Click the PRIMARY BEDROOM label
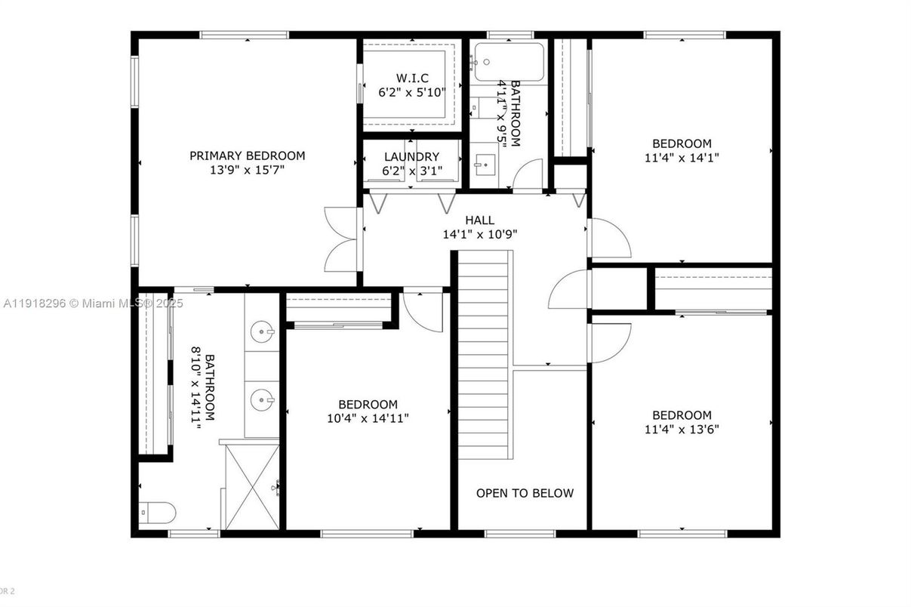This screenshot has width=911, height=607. click(247, 156)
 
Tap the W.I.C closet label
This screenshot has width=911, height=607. click(412, 78)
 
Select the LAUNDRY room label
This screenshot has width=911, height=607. click(411, 157)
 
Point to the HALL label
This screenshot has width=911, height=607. click(479, 220)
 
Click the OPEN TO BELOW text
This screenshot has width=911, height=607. click(525, 494)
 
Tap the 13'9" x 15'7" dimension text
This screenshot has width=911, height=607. click(247, 171)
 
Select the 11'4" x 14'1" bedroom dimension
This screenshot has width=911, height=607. click(682, 159)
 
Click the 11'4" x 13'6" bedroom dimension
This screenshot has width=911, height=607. click(682, 430)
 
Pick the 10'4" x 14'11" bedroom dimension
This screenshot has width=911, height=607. click(368, 418)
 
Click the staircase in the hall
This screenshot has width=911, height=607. click(485, 355)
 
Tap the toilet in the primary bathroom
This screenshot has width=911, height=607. click(157, 513)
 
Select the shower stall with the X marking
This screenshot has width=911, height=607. click(252, 487)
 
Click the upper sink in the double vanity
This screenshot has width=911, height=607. click(262, 331)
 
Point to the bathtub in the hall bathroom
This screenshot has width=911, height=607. click(507, 60)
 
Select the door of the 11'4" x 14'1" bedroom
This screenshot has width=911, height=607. click(610, 239)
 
